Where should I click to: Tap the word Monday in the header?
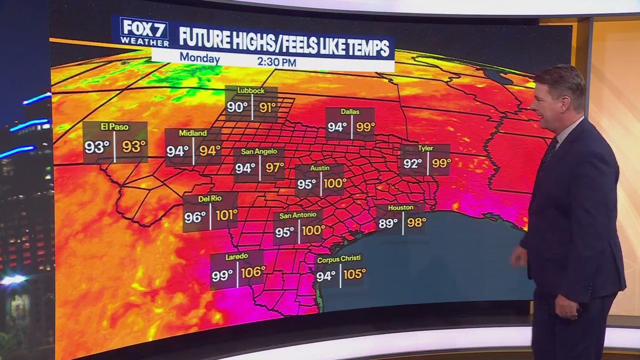[199, 58]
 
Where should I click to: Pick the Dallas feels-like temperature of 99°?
[365, 128]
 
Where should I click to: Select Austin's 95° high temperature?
[306, 184]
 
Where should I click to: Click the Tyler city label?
[425, 148]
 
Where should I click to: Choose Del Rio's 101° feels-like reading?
[226, 216]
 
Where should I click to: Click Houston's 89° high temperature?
[388, 223]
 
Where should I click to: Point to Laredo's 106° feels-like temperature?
[254, 273]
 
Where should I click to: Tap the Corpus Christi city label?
[339, 259]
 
